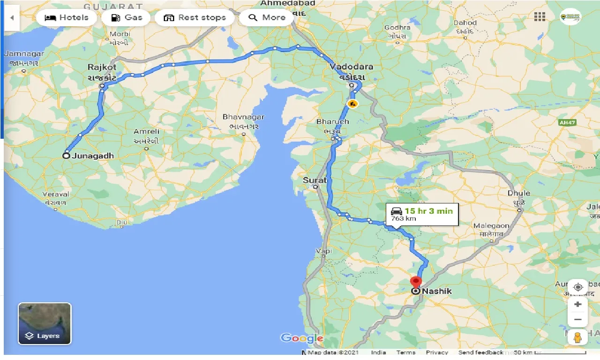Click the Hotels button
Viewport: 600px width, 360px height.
66,18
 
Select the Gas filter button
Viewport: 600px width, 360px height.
126,18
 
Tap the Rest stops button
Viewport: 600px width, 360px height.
195,18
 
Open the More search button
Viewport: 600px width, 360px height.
267,18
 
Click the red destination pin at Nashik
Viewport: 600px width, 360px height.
416,283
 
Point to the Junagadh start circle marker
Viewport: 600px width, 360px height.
67,156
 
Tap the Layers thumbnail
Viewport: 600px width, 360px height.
45,324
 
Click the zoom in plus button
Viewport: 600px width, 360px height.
577,304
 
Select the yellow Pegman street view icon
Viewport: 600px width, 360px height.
577,337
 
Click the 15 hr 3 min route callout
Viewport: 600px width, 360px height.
422,214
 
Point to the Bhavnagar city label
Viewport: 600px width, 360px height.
243,117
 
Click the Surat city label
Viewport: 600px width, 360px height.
314,180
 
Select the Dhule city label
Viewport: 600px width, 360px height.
519,193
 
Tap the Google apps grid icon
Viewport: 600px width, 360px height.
540,17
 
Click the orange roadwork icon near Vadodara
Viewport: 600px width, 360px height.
352,103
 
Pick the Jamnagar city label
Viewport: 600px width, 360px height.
24,53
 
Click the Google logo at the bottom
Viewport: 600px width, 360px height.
301,338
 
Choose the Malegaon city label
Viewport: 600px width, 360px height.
491,226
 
